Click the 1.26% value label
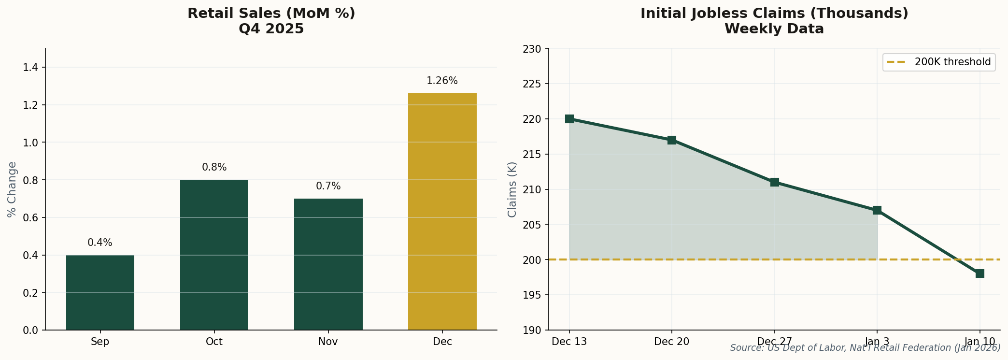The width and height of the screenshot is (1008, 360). click(442, 81)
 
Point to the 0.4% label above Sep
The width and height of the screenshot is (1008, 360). click(100, 243)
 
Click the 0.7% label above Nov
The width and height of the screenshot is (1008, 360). click(328, 187)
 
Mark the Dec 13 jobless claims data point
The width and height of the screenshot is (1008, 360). click(569, 119)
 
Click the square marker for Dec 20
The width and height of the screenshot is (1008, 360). click(672, 140)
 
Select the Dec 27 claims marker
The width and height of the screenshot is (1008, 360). click(775, 182)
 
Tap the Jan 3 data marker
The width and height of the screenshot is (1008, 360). click(877, 210)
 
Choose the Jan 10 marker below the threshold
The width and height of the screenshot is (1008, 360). click(980, 274)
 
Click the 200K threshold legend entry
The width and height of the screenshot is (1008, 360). click(939, 62)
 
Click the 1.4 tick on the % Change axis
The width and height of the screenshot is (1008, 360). click(30, 68)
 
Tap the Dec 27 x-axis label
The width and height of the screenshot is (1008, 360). click(774, 342)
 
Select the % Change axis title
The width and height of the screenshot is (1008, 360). click(12, 189)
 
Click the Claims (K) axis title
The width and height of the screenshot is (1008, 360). click(512, 189)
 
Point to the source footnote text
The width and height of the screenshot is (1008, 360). click(865, 348)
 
